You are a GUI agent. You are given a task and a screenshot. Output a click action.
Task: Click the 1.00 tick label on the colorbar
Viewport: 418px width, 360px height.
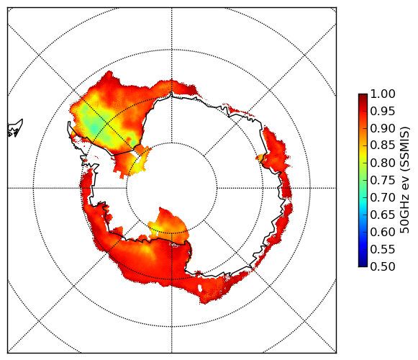click(x=383, y=94)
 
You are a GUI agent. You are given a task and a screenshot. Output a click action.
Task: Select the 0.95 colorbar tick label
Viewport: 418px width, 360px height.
click(x=383, y=112)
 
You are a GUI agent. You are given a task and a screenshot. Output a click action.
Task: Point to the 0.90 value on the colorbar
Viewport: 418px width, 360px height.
click(x=383, y=128)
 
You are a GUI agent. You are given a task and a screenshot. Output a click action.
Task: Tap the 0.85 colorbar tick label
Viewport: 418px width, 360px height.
click(x=383, y=145)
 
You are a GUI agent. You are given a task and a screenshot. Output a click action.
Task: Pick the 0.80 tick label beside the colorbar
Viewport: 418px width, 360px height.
click(x=383, y=163)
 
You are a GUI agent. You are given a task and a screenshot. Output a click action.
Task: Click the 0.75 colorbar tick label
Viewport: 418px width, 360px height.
click(x=383, y=180)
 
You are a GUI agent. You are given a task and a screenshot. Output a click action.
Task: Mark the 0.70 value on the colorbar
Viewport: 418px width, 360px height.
click(x=383, y=197)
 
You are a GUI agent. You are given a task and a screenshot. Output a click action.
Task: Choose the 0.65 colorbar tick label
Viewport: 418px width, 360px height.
click(x=383, y=215)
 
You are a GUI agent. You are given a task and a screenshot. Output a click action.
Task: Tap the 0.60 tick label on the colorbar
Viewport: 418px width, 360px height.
click(x=383, y=232)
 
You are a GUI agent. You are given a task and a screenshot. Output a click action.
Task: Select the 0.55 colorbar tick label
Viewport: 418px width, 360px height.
click(x=383, y=249)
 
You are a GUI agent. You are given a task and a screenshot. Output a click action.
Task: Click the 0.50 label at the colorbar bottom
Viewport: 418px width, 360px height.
click(x=383, y=266)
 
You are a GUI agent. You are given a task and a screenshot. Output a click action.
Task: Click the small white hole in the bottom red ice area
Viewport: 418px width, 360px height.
click(x=200, y=288)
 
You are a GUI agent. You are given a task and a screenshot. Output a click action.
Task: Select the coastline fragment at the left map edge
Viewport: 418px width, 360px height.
click(x=15, y=128)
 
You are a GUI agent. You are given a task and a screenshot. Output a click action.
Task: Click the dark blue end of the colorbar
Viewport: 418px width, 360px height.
click(x=363, y=263)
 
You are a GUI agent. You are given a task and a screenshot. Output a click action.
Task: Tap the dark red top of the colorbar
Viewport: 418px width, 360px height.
click(x=363, y=97)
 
